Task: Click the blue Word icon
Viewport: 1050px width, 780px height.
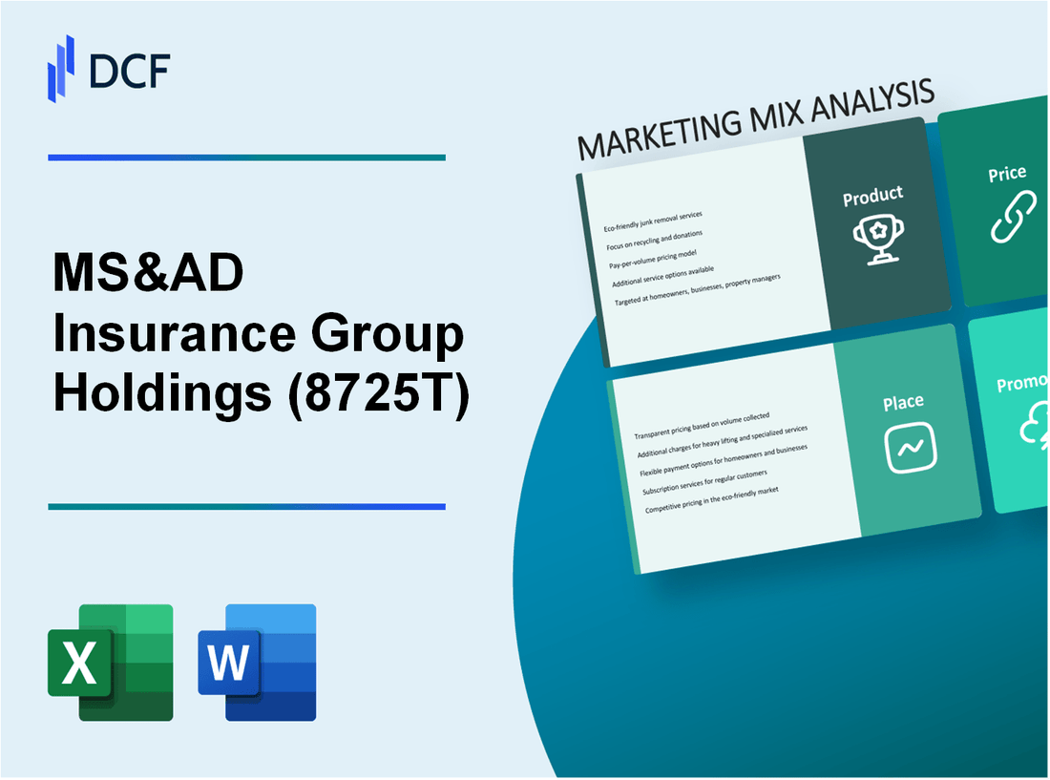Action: (258, 662)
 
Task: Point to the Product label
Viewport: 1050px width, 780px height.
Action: (872, 196)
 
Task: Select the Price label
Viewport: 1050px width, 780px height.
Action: (1007, 174)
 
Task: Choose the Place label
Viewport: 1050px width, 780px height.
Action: (902, 403)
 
